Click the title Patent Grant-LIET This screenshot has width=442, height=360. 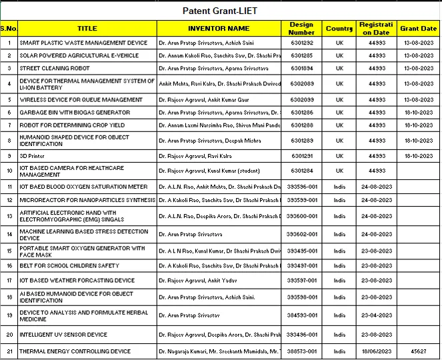click(220, 11)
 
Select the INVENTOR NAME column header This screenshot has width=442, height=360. click(219, 29)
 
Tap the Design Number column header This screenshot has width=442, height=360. click(301, 29)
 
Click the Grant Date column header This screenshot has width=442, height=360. click(418, 29)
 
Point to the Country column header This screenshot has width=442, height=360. click(339, 29)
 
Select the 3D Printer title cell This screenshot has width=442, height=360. click(32, 155)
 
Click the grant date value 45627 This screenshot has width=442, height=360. click(418, 351)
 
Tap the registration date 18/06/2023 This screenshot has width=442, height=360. click(376, 351)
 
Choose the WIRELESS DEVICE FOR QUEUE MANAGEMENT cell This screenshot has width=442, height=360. click(81, 99)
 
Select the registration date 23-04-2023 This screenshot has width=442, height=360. click(376, 315)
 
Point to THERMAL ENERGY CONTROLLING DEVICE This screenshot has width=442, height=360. click(75, 351)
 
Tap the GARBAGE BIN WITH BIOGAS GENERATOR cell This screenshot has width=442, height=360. click(75, 113)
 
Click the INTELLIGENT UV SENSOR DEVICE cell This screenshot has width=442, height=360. click(63, 335)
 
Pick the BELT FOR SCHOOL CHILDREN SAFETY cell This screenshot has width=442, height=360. click(69, 266)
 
